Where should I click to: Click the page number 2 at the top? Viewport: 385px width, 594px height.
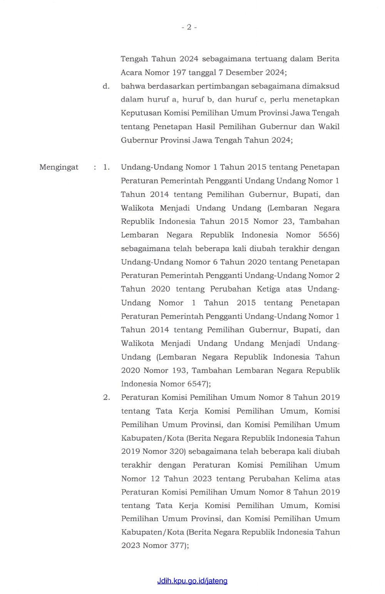pyautogui.click(x=189, y=27)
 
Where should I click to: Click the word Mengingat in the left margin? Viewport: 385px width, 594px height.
pyautogui.click(x=59, y=167)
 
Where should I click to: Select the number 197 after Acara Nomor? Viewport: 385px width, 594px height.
pyautogui.click(x=179, y=72)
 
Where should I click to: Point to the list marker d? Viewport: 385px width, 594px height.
pyautogui.click(x=106, y=86)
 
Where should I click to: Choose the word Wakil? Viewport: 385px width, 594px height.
pyautogui.click(x=329, y=127)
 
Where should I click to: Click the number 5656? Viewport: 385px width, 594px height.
pyautogui.click(x=329, y=235)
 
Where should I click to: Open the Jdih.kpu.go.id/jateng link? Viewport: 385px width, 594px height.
pyautogui.click(x=192, y=581)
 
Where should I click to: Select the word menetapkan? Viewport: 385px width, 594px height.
pyautogui.click(x=316, y=100)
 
